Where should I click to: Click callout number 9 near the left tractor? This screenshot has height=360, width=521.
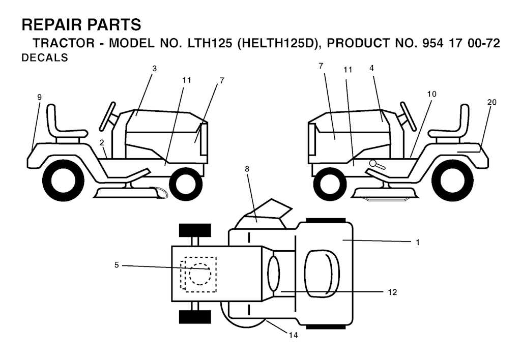coord(40,97)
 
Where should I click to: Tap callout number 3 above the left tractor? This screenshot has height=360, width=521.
coord(154,69)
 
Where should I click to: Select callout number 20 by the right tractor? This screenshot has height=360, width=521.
coord(492,102)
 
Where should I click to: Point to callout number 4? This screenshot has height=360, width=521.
coord(371,68)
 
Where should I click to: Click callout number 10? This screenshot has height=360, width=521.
coord(431,94)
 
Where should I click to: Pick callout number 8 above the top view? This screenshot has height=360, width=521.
coord(247,169)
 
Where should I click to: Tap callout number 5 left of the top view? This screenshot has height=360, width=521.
coord(117,265)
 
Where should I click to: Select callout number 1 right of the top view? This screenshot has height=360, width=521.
coord(418,243)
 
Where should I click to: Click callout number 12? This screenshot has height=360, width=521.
coord(392,292)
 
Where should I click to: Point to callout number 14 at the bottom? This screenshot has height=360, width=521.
coord(293,336)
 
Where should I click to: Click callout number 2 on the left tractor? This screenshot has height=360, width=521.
coord(102,143)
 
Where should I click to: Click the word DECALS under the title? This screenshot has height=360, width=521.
coord(45,58)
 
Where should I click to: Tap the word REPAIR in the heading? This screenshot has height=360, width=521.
coord(52,25)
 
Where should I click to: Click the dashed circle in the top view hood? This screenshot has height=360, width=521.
coord(200,274)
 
